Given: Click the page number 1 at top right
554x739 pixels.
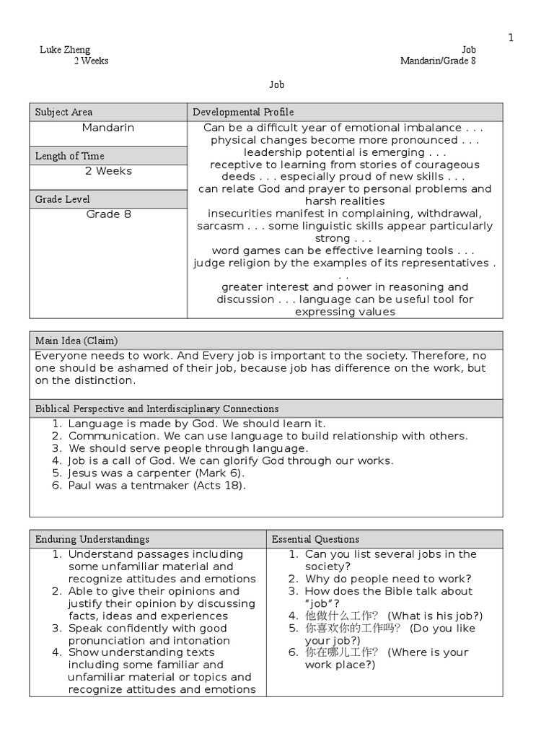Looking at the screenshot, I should coord(511,38).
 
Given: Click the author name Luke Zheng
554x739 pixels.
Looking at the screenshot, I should coord(65,50).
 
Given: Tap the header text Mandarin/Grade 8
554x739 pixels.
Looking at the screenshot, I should coord(438,61).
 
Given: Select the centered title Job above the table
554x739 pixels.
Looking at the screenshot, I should coord(277,84).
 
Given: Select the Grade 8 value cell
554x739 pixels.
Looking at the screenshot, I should coord(108,214).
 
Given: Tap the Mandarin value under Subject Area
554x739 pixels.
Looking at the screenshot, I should coord(108,128).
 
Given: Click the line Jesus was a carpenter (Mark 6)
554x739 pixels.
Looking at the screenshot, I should coord(157,473).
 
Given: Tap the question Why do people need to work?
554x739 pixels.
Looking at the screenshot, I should coord(388,579).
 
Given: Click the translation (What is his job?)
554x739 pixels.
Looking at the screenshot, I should coord(435,616).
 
